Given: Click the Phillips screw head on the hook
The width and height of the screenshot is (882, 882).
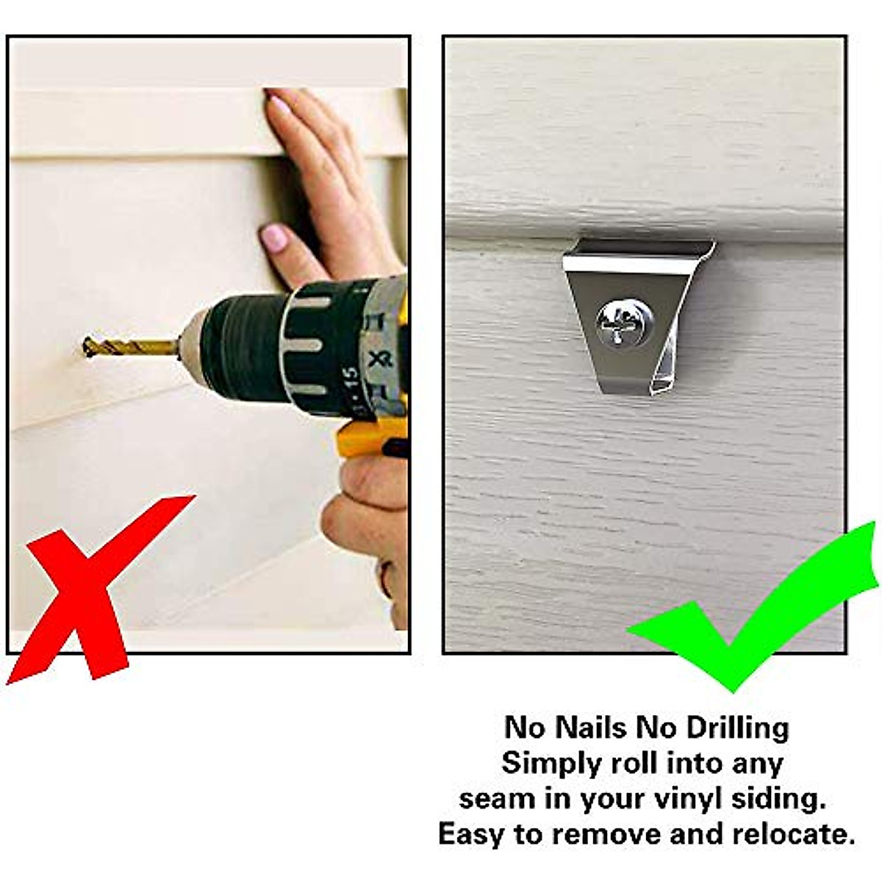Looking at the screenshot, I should coord(625,323).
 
